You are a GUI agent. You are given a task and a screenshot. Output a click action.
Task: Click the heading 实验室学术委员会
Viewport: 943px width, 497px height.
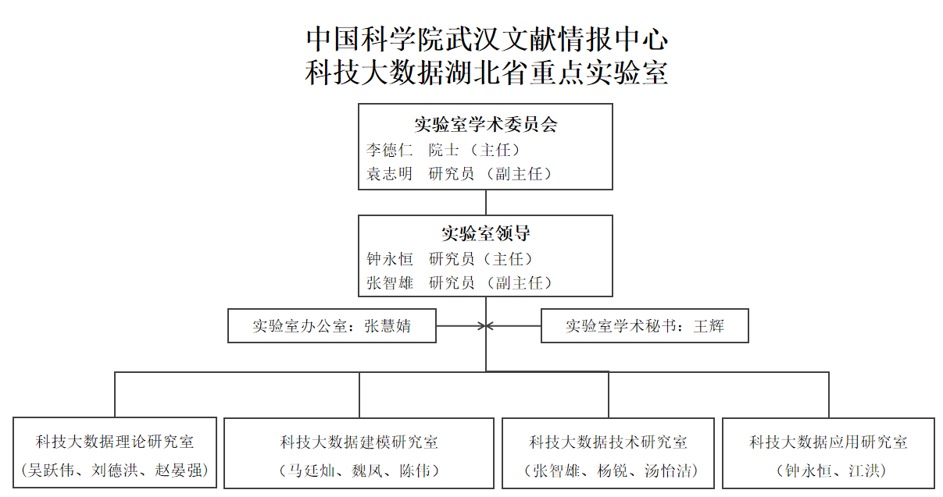pos(486,125)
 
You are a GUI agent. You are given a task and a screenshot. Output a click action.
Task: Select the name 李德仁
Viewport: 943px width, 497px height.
pos(389,150)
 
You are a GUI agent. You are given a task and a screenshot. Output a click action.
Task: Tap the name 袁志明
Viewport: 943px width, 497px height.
pos(389,174)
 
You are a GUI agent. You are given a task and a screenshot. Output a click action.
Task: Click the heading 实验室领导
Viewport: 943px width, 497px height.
pos(486,233)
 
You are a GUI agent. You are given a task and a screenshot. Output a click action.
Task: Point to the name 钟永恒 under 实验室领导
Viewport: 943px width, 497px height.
pos(389,259)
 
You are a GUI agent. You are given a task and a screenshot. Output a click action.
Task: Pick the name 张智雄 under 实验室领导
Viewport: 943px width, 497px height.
pos(389,283)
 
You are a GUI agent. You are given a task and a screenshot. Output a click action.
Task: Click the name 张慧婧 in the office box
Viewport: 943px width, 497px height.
pos(388,326)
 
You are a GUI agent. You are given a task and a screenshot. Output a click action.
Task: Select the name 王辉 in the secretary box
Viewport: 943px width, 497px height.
pos(709,326)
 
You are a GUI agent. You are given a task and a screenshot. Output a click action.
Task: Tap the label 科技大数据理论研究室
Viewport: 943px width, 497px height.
pos(115,442)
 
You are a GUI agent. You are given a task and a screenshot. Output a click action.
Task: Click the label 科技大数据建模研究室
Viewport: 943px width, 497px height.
pos(359,442)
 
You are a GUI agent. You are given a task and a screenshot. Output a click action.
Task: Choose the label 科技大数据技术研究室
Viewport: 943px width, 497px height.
pos(609,442)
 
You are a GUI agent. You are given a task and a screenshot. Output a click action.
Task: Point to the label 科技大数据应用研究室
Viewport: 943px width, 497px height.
pos(828,442)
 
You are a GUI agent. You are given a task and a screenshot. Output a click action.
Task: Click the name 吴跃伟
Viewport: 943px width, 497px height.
pos(51,470)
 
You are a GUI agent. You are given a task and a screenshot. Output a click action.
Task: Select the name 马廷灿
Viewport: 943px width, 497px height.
pos(311,471)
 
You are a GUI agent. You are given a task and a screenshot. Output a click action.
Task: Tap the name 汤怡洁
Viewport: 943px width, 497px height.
pos(668,471)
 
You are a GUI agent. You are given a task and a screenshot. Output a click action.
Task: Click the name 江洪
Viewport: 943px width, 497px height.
pos(864,471)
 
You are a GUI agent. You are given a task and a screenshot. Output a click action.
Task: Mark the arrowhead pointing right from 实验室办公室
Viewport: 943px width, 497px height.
pos(482,326)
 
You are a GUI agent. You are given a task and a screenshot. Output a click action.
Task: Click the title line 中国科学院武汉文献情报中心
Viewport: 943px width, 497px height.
pos(487,40)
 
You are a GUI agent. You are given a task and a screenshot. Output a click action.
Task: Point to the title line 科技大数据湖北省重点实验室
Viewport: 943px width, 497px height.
pos(486,73)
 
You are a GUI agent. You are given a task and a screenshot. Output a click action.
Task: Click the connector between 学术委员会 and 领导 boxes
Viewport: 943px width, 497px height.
pos(486,203)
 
